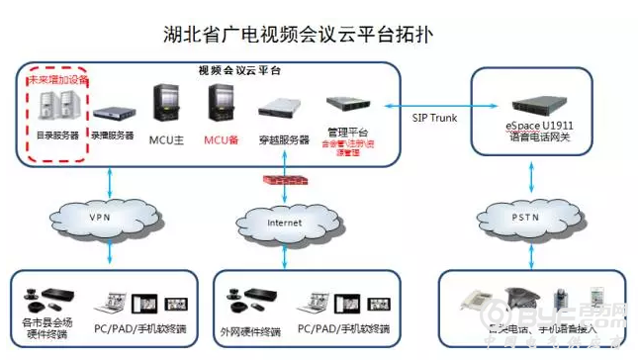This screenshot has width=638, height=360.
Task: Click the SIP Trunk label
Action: click(x=433, y=119)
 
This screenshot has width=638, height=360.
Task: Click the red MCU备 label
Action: click(x=221, y=138)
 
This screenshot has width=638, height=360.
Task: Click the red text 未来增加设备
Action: click(x=57, y=78)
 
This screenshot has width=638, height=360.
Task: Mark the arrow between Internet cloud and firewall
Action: click(x=284, y=198)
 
